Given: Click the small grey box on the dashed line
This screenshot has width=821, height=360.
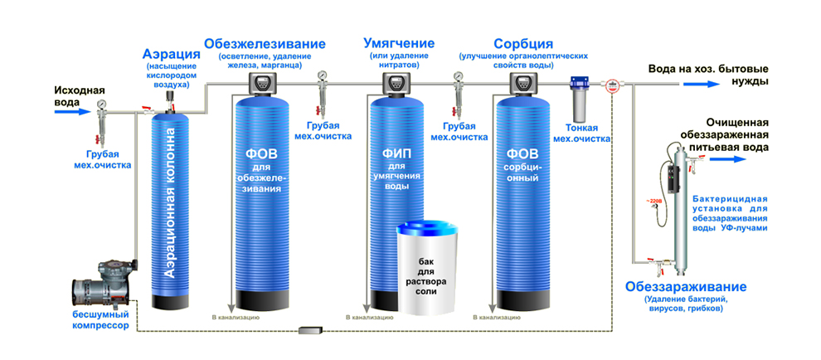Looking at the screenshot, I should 309,333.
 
